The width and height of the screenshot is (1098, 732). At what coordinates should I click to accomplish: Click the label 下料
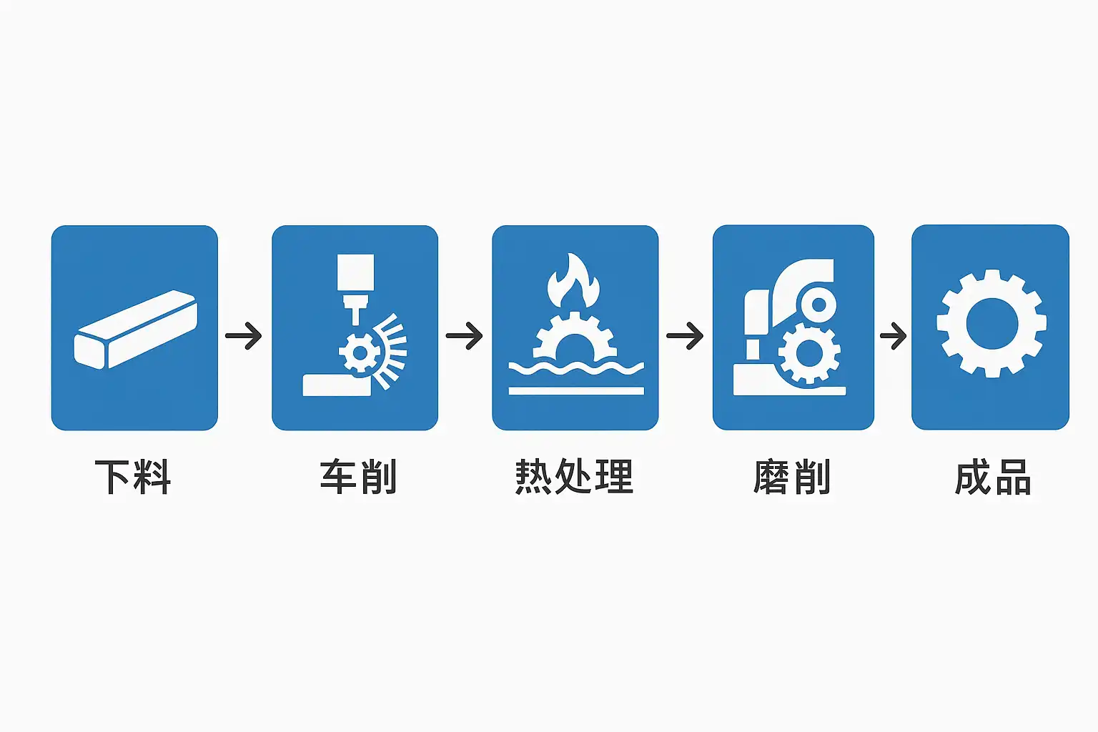[x=133, y=477]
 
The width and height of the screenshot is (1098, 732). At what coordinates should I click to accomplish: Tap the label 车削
[x=357, y=477]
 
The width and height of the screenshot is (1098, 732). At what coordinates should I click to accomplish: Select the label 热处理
[x=574, y=477]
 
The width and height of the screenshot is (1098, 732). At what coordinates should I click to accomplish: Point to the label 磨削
[x=792, y=477]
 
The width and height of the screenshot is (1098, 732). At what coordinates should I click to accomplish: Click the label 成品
[x=993, y=477]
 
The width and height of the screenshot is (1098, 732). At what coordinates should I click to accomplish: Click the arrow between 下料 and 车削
[x=244, y=335]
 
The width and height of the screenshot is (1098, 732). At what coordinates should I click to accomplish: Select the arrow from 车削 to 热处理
[x=465, y=335]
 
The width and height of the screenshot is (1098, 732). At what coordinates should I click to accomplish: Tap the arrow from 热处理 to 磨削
[x=685, y=335]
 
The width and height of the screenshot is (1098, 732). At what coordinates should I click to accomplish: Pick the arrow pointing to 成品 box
[x=893, y=335]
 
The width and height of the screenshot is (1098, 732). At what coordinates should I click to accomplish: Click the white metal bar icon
[x=135, y=330]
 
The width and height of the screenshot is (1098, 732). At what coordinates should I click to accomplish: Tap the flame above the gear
[x=573, y=282]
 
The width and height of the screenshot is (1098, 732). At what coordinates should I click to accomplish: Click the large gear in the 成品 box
[x=991, y=323]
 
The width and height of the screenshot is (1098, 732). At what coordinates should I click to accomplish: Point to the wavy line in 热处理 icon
[x=575, y=367]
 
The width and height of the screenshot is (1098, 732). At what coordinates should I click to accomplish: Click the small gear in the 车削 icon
[x=360, y=352]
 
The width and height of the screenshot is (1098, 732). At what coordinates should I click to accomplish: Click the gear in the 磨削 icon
[x=808, y=352]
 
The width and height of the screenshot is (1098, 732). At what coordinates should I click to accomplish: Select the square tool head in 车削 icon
[x=355, y=272]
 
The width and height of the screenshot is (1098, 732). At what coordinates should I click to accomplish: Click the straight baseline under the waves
[x=575, y=391]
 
